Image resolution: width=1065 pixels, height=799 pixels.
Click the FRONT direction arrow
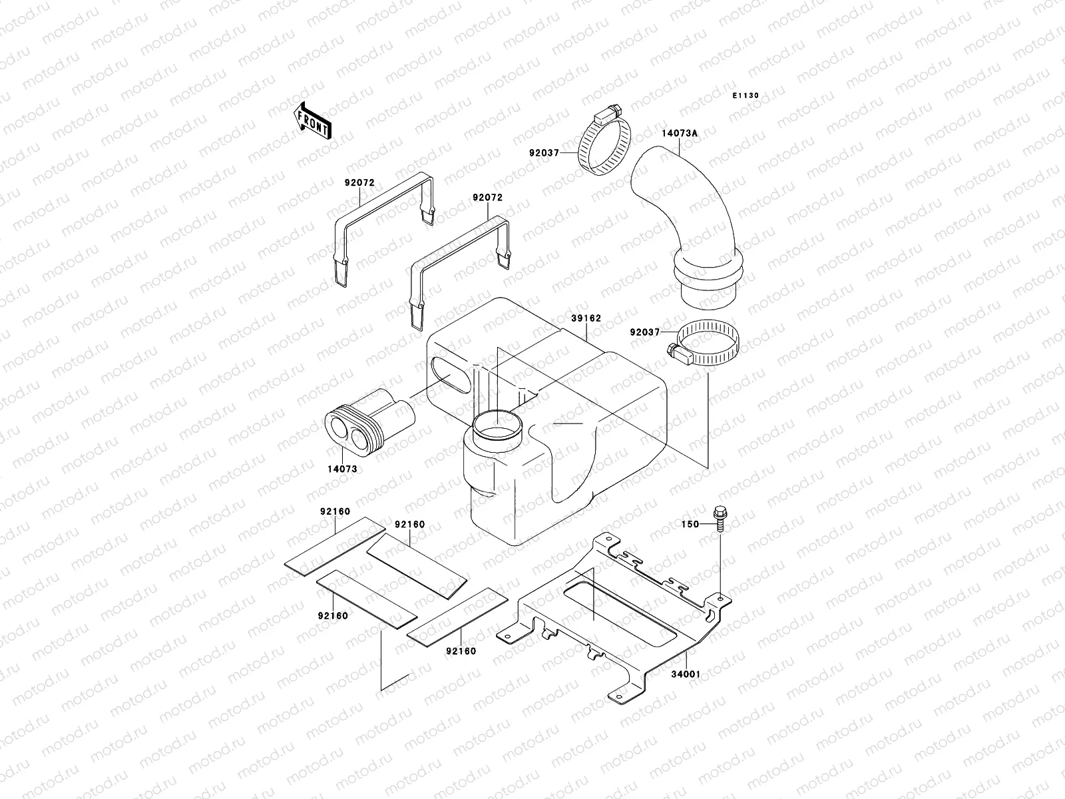click(x=312, y=121)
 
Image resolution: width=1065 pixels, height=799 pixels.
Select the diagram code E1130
click(x=745, y=96)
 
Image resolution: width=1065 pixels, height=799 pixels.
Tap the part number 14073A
click(x=679, y=133)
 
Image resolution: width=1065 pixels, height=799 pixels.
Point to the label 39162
click(x=586, y=318)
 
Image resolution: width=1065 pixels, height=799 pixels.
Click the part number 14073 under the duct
click(x=342, y=469)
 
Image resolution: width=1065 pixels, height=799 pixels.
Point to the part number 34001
click(x=684, y=674)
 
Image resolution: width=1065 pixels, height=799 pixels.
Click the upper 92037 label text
click(x=544, y=152)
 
